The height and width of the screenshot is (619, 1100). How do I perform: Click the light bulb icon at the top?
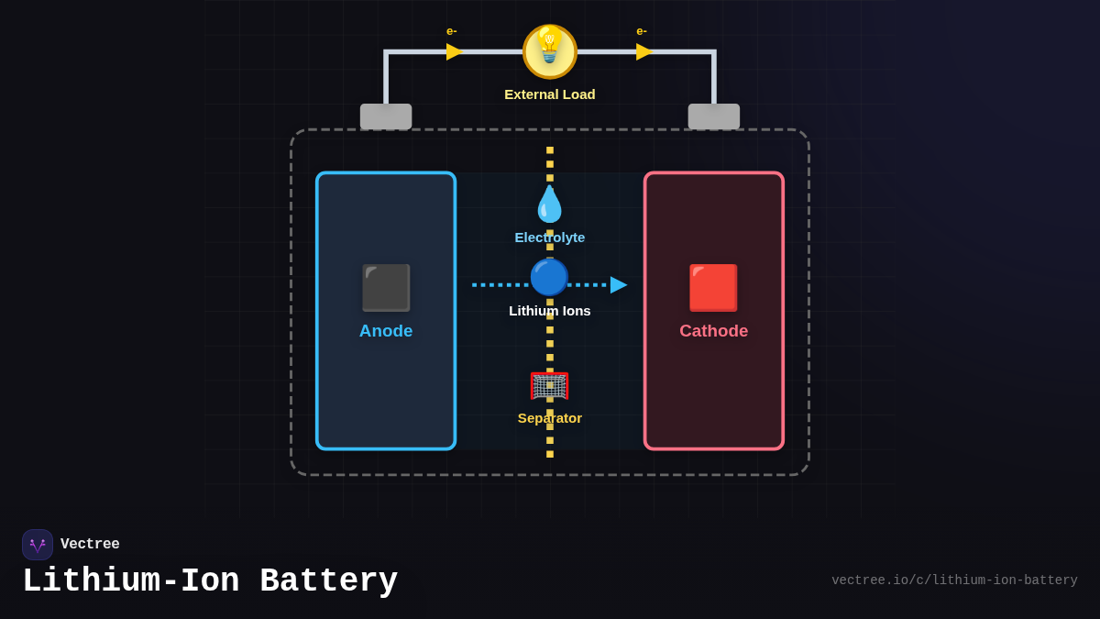click(x=550, y=51)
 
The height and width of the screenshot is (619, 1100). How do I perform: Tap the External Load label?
click(x=550, y=94)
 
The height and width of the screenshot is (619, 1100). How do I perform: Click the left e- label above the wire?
click(x=452, y=31)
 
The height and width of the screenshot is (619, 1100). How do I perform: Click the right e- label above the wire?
click(x=642, y=31)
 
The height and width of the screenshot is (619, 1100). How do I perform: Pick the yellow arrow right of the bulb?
click(x=644, y=51)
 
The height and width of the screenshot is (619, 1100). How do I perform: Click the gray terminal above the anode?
click(x=386, y=116)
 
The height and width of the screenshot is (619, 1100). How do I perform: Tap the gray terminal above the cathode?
click(x=714, y=116)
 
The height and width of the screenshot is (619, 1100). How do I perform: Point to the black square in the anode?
click(x=386, y=288)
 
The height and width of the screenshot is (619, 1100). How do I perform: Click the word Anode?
click(x=386, y=331)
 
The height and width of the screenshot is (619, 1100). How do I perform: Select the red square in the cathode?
click(x=713, y=288)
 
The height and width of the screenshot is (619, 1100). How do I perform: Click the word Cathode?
click(x=713, y=331)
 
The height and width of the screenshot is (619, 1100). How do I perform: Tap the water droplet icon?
click(x=550, y=204)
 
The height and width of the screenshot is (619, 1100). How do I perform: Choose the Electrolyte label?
click(x=550, y=238)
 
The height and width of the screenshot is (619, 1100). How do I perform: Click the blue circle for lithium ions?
click(x=550, y=277)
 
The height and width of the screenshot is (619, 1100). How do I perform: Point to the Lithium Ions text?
click(x=550, y=311)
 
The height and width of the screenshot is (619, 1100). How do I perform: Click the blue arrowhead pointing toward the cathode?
click(x=619, y=285)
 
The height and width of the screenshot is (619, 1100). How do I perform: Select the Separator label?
click(x=550, y=418)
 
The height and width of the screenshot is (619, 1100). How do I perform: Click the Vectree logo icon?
click(x=38, y=545)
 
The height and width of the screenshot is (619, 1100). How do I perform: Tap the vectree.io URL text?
click(x=954, y=580)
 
